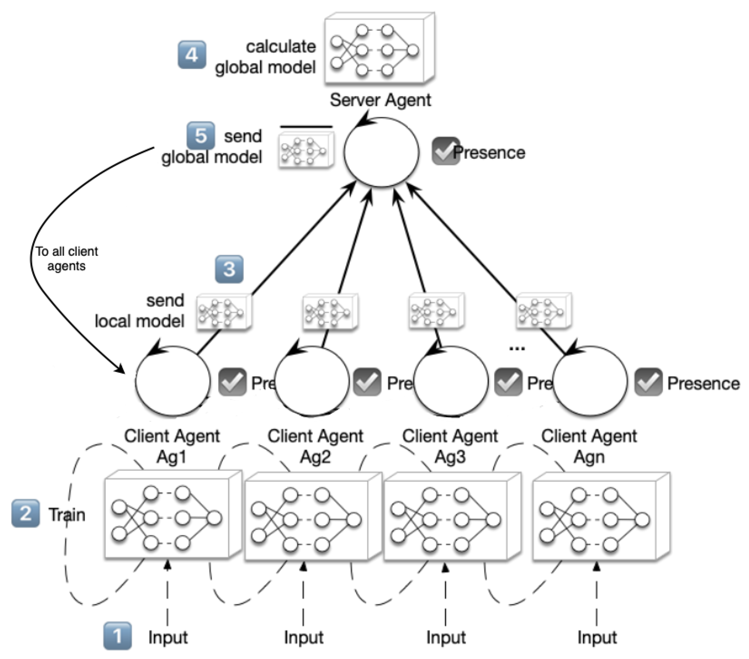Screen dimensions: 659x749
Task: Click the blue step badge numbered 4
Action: point(192,55)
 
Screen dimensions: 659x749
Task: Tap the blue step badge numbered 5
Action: point(200,136)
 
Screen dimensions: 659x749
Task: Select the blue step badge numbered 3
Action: point(229,269)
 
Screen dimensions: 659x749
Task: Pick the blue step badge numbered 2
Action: point(25,513)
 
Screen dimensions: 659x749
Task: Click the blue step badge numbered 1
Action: point(117,636)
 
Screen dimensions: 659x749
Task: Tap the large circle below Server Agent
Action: point(381,152)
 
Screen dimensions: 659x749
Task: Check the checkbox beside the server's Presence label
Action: point(445,151)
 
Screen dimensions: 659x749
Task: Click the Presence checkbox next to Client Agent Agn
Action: point(648,382)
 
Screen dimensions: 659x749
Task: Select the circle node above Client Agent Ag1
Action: point(173,381)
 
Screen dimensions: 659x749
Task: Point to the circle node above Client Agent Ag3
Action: point(451,381)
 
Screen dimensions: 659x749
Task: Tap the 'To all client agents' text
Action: point(66,258)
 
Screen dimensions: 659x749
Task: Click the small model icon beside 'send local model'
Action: point(224,313)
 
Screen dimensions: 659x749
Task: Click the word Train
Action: point(67,515)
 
